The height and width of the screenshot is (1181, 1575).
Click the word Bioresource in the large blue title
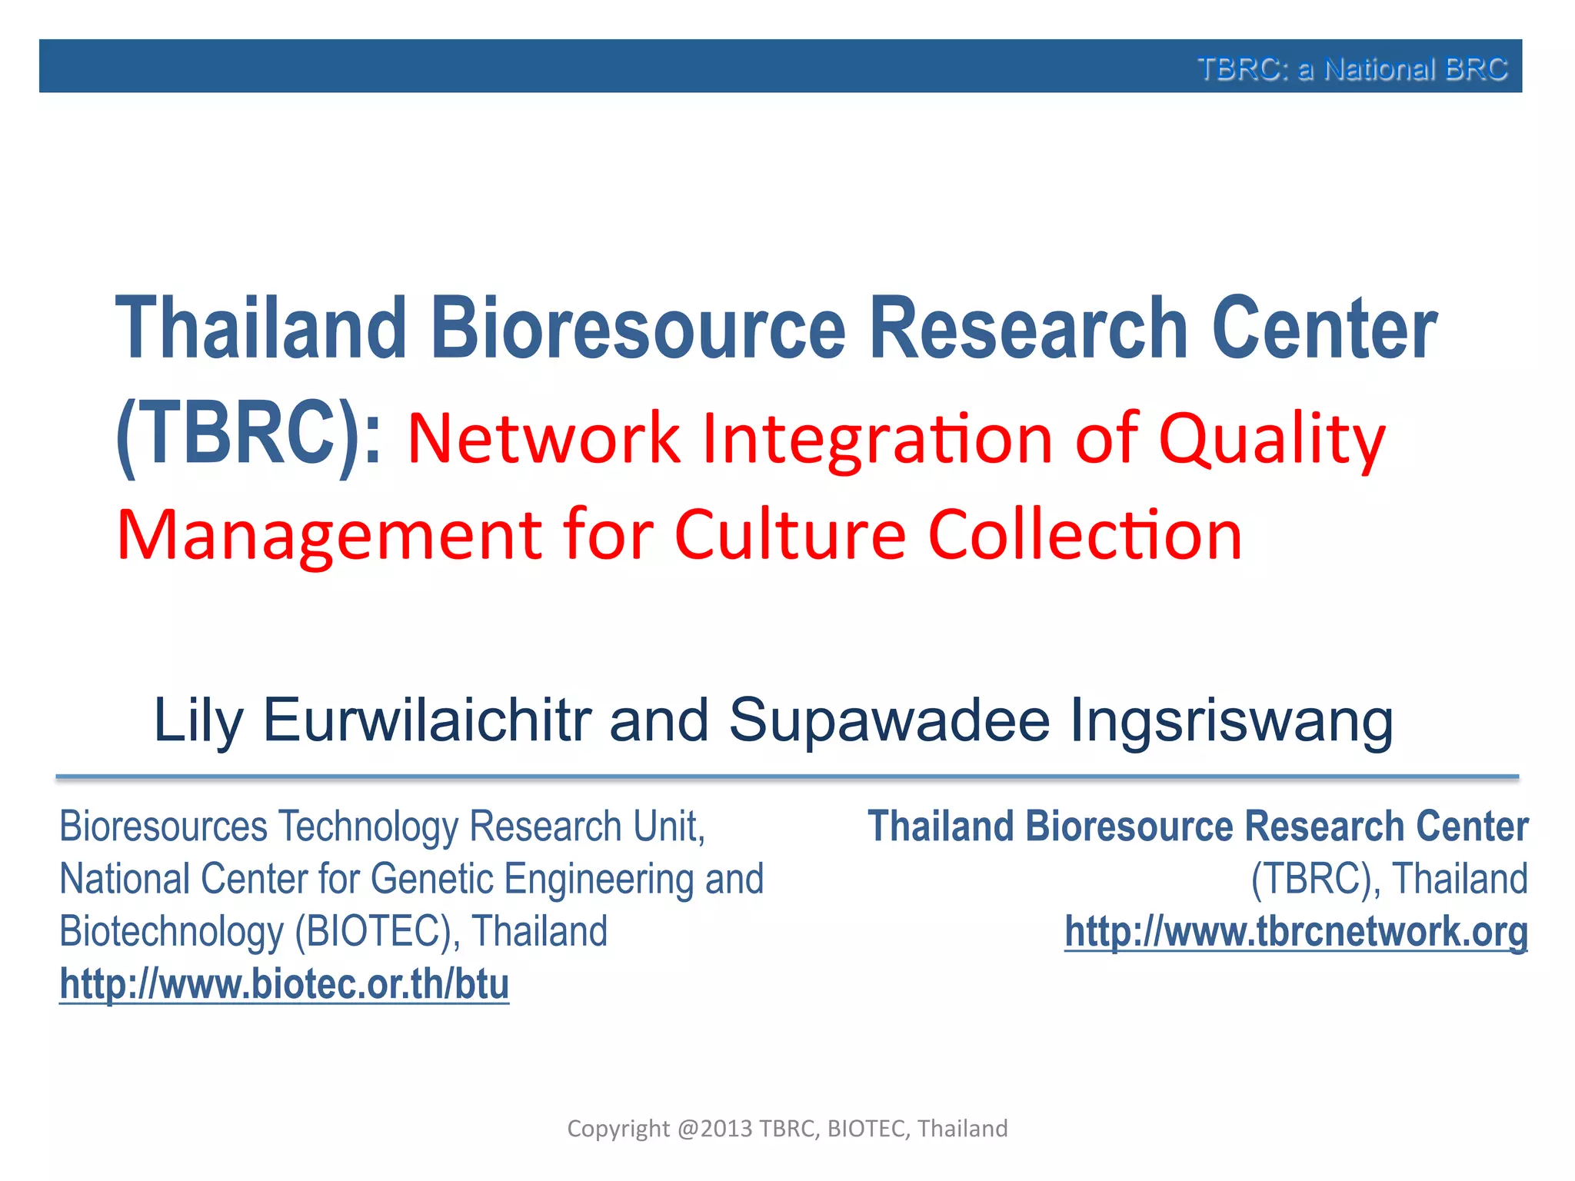pos(638,328)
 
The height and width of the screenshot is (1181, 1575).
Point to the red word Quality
pos(1271,440)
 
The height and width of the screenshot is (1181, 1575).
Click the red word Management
pos(329,535)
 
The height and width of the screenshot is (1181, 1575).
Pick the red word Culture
pos(790,535)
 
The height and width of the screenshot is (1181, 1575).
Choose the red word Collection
pos(1085,535)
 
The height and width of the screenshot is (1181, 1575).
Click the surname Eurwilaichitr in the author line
pos(427,720)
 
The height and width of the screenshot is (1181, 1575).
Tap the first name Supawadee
pos(889,720)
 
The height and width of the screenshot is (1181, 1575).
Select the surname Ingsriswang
pos(1231,720)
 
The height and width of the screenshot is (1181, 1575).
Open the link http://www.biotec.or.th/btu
pos(285,984)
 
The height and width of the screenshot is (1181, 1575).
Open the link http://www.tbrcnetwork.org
pos(1296,932)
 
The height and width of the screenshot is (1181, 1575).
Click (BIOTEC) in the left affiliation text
pos(378,932)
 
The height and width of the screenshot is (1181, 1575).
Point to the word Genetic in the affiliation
pos(431,879)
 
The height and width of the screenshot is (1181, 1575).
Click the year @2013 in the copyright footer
pos(714,1128)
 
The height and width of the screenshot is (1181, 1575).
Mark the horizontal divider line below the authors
pos(787,777)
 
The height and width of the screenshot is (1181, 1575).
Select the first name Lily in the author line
pos(198,720)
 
